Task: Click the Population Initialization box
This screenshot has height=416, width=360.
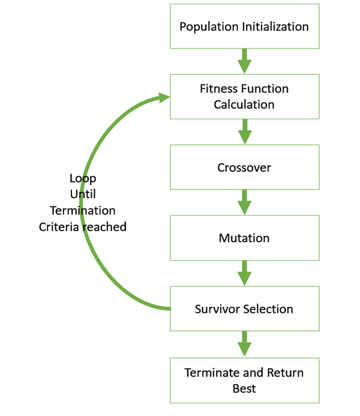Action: click(244, 26)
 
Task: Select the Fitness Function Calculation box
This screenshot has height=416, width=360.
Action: click(244, 97)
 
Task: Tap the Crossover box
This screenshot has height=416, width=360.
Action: click(244, 167)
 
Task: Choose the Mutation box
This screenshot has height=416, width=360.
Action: click(244, 238)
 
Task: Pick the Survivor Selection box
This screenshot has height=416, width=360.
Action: click(244, 309)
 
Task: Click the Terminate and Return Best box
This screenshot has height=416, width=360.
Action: click(244, 380)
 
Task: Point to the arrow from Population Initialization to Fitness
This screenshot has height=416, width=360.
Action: click(244, 61)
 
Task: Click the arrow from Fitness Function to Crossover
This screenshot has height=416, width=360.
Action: click(244, 132)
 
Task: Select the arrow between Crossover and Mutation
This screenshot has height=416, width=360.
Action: click(244, 203)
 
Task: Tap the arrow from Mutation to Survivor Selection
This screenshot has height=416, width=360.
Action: click(244, 273)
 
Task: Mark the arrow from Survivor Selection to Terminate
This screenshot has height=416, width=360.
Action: click(244, 344)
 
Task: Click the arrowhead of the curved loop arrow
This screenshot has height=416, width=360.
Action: click(163, 97)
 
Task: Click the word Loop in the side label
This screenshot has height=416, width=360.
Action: click(83, 178)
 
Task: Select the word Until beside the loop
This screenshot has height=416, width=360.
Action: click(83, 194)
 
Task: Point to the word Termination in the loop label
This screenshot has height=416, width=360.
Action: click(83, 210)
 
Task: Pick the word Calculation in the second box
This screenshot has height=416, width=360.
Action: click(244, 104)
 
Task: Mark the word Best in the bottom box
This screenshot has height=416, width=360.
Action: click(244, 388)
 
